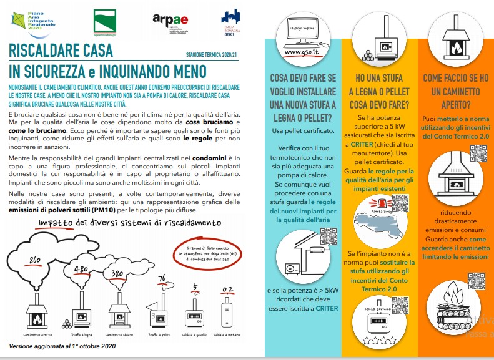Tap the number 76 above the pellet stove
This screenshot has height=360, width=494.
click(162, 278)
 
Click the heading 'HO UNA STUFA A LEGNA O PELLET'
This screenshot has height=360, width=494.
click(382, 91)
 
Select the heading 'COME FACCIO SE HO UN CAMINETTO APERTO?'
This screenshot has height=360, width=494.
click(455, 91)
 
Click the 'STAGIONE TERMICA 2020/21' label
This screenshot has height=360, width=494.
click(212, 55)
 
